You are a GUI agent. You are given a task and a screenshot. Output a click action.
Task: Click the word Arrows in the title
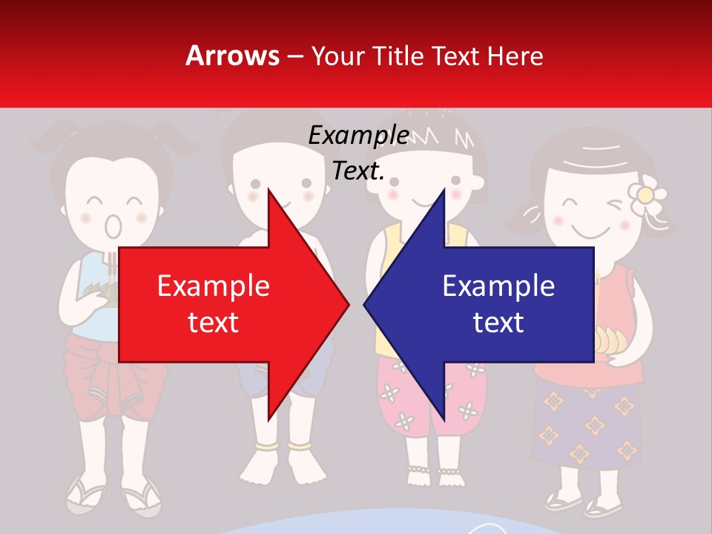[232, 56]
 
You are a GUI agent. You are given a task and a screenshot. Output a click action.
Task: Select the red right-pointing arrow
[222, 304]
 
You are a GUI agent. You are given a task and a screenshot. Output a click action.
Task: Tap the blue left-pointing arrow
[489, 304]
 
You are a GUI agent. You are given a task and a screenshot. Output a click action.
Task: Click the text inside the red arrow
[214, 303]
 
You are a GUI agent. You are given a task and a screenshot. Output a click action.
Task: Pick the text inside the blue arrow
[498, 303]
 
